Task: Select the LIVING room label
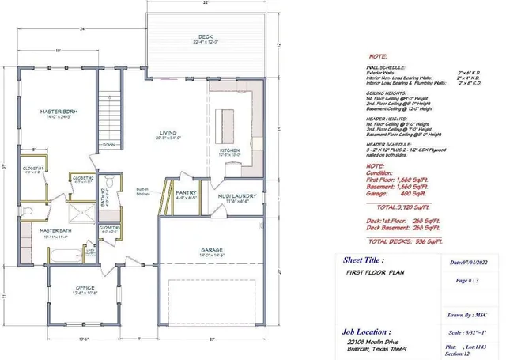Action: [168, 133]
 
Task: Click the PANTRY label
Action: [186, 191]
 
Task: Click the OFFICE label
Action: [85, 287]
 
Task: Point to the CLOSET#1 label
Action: [32, 169]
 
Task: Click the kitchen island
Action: [229, 116]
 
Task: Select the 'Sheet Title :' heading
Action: [364, 259]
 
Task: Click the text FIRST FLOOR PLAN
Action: [374, 271]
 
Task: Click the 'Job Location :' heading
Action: [366, 332]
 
